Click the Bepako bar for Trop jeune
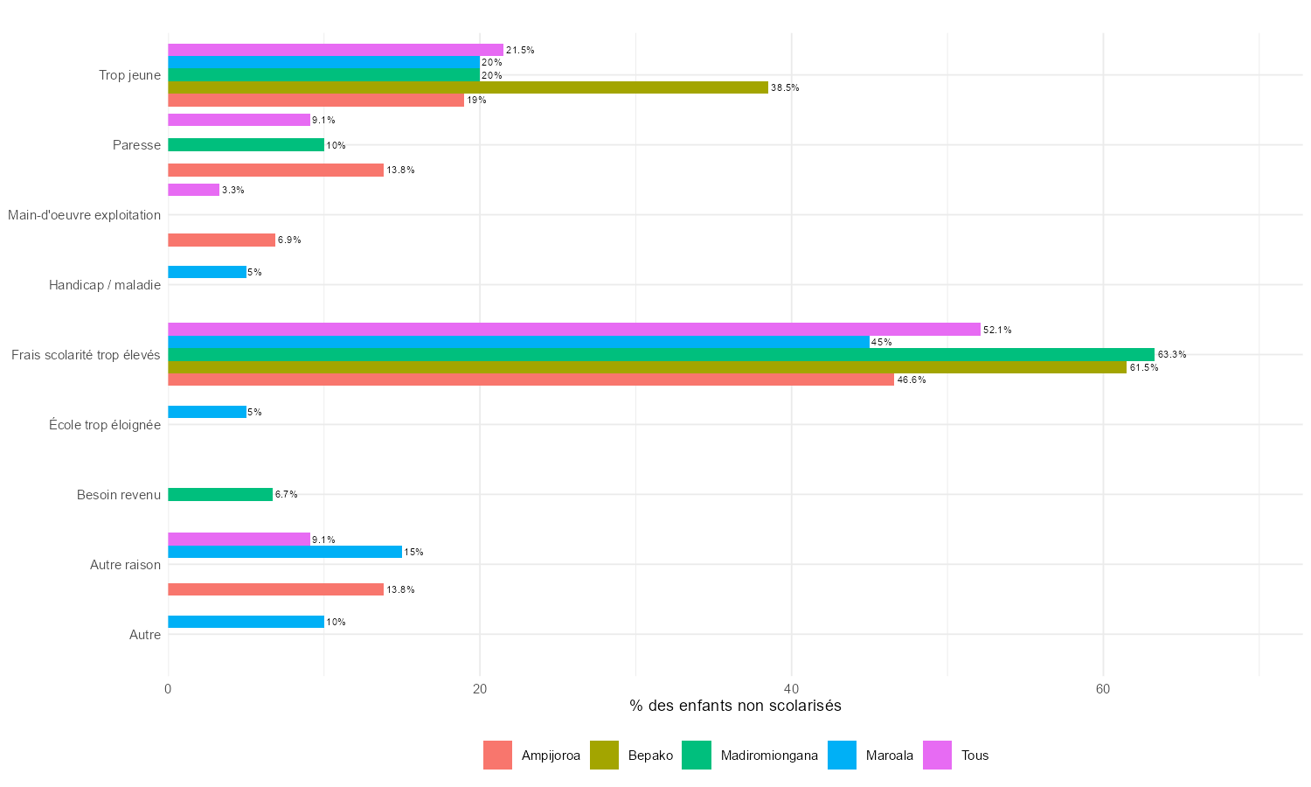click(468, 87)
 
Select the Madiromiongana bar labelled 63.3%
click(661, 354)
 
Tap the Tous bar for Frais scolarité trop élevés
click(573, 330)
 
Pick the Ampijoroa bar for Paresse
click(275, 171)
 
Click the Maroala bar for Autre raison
click(284, 552)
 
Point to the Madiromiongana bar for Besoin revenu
click(220, 495)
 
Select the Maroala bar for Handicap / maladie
click(207, 272)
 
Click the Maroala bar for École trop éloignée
click(207, 412)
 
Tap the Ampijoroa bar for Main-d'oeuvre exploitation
click(221, 240)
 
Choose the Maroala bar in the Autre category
click(246, 622)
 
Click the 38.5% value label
click(785, 88)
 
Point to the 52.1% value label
click(997, 331)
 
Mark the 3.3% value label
click(233, 191)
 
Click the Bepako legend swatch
click(604, 755)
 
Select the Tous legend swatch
click(937, 755)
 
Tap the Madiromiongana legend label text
click(769, 756)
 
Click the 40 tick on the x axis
click(791, 689)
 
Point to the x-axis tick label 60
click(1103, 689)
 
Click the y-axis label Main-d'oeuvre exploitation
click(84, 215)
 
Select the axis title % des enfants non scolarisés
click(735, 706)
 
